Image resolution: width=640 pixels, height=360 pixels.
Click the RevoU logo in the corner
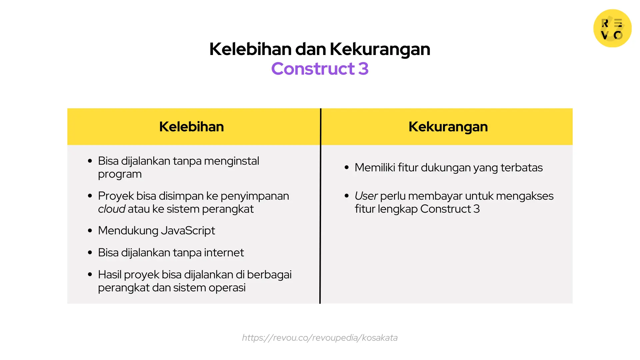click(612, 28)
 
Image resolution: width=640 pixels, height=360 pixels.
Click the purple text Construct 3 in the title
click(320, 69)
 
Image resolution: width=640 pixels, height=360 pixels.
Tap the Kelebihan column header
click(191, 127)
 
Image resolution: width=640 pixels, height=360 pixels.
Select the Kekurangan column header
click(448, 127)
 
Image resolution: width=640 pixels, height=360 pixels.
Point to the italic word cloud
click(111, 209)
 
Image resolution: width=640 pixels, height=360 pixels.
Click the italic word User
click(366, 196)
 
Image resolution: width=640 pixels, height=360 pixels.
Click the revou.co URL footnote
click(320, 338)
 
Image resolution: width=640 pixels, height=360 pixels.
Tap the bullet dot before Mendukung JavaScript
click(90, 231)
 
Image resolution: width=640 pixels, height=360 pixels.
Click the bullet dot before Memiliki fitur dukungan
click(347, 168)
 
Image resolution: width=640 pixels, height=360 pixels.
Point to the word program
click(120, 174)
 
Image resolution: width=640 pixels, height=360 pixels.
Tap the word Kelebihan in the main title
click(250, 49)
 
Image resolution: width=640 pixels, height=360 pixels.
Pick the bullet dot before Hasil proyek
click(90, 275)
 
